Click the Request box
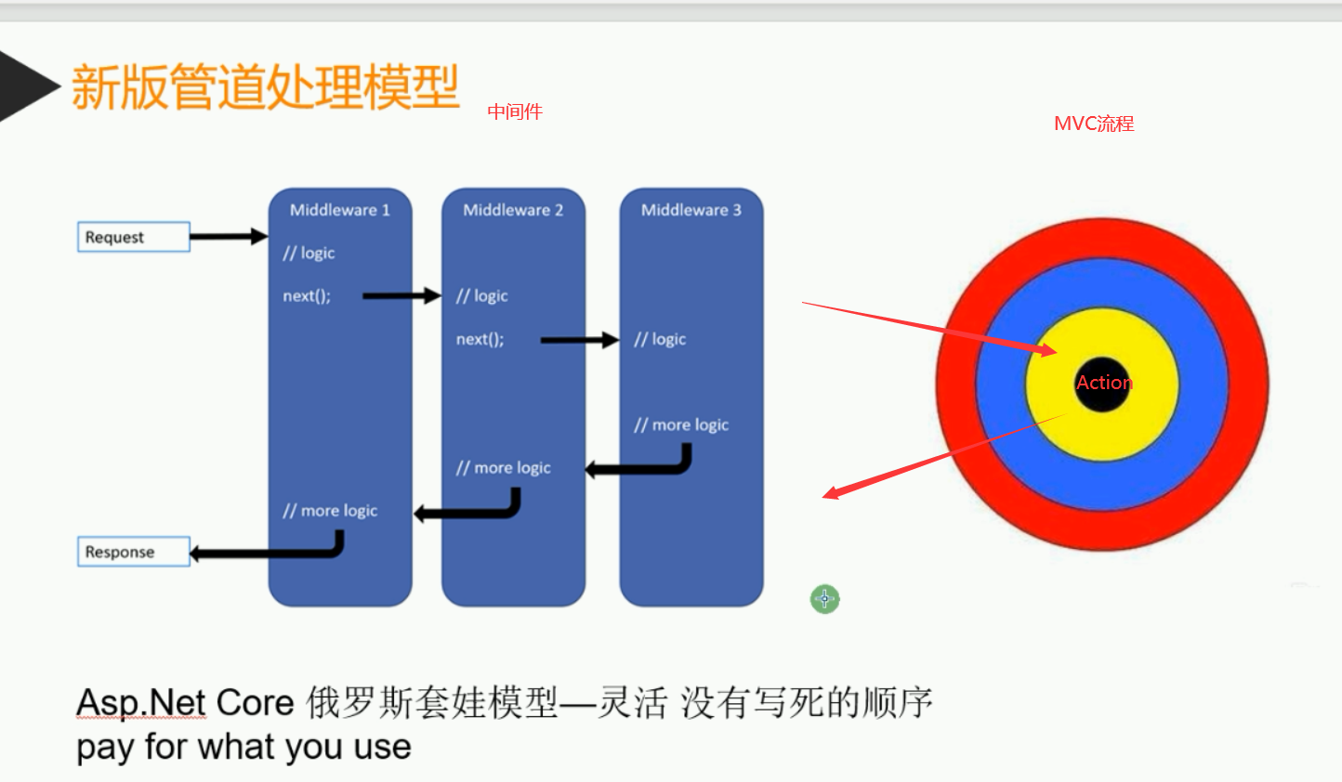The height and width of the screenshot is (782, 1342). pos(133,237)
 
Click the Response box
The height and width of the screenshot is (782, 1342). pos(133,552)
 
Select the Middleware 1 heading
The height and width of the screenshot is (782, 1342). pos(339,210)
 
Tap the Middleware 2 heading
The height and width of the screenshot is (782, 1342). pos(513,210)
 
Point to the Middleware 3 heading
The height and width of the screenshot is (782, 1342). pos(691,210)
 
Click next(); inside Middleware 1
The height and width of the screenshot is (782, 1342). pos(307,296)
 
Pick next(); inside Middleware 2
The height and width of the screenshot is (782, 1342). pos(480,340)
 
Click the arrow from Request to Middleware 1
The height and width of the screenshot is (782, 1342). pos(228,237)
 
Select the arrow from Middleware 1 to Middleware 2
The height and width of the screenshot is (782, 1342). pos(401,296)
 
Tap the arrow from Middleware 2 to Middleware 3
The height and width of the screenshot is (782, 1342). pos(579,340)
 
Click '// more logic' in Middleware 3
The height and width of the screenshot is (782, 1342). pos(681,425)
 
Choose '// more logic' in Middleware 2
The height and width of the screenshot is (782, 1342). pos(503,468)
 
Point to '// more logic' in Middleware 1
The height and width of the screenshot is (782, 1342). pos(330,511)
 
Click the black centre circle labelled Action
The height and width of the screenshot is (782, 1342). pos(1102,383)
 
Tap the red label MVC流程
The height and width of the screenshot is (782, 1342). pos(1094,124)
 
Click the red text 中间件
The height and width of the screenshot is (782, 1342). pos(515,111)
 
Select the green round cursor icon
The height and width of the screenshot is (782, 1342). pos(824,599)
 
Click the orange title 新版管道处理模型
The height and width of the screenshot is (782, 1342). pos(265,87)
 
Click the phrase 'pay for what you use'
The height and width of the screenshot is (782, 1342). pos(243,747)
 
